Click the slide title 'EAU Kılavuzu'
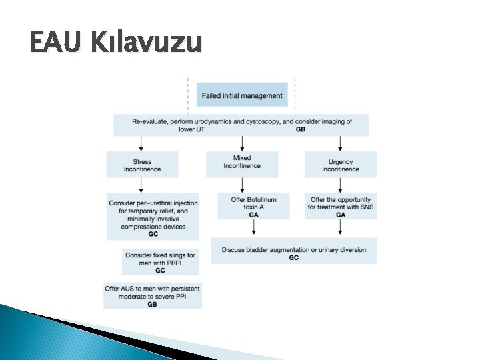pos(115,43)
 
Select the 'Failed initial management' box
pos(242,95)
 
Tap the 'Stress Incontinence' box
pos(142,165)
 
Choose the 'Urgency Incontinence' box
pos(341,165)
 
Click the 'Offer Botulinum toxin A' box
pos(253,207)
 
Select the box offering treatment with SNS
pos(341,207)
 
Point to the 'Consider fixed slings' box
pos(160,261)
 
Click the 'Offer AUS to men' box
pos(152,295)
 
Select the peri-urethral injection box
pos(153,215)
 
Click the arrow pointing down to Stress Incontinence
pos(141,143)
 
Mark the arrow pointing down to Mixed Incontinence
pos(242,143)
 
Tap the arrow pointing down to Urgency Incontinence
pos(340,143)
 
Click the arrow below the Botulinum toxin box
pos(253,228)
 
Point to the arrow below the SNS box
pos(341,228)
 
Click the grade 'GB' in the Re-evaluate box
pos(300,129)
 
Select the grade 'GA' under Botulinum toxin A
pos(253,215)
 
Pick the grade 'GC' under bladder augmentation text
pos(294,258)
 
